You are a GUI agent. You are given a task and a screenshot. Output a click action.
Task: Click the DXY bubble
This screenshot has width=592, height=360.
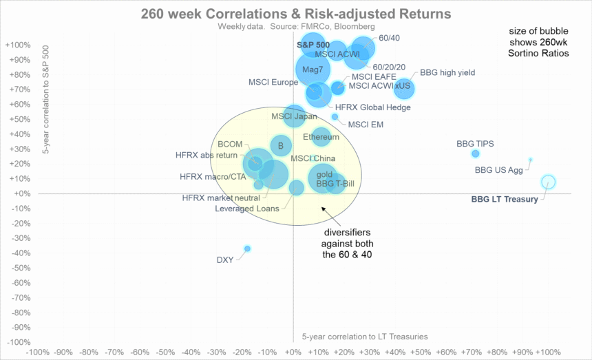pos(247,248)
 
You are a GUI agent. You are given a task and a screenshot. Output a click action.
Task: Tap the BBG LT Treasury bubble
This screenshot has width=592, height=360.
pos(548,182)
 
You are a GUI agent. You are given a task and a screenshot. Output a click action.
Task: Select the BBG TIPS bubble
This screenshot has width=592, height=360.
pos(475,153)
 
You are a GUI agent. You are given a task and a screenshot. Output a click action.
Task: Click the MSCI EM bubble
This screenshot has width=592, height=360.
pos(335,117)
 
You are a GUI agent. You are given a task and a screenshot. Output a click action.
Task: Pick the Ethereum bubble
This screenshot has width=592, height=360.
pos(321,137)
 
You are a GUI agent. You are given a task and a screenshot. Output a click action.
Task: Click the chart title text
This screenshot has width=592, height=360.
pos(296,13)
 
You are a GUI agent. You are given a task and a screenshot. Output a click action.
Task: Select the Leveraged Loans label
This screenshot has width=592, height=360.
pos(247,209)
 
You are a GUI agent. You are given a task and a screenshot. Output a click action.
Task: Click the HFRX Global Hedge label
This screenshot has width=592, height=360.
pos(372,107)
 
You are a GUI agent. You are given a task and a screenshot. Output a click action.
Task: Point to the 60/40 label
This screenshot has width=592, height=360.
pos(390,38)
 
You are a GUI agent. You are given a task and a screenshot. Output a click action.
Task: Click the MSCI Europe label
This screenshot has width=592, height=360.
pos(273,83)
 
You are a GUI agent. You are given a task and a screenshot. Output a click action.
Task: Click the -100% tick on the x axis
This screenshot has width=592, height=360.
pos(36,352)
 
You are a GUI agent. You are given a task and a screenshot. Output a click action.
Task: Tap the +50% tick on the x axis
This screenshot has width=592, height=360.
pos(421,352)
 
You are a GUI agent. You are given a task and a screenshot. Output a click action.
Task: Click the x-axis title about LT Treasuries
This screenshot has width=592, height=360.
pos(365,337)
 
